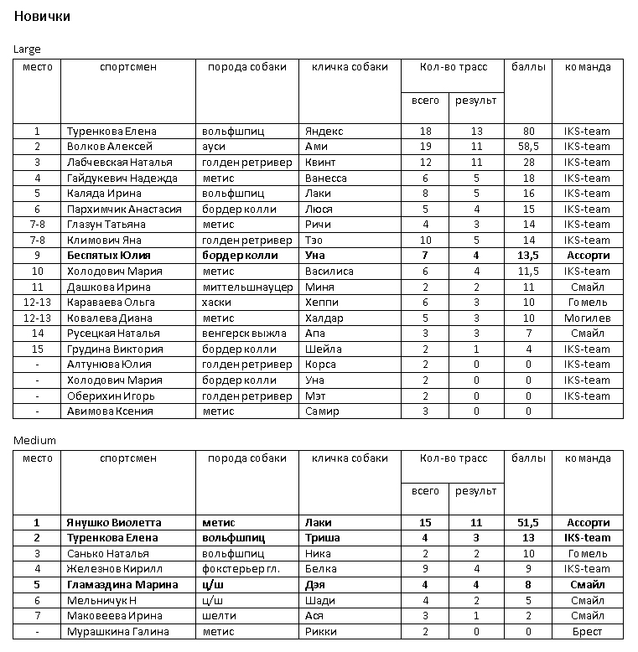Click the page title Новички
42,17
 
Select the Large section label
27,49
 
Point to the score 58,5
528,147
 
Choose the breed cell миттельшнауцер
247,287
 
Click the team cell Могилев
587,318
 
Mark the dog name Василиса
329,272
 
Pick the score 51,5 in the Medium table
528,522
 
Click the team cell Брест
587,632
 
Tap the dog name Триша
322,538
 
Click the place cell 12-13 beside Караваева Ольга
37,302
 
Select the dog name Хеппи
323,302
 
